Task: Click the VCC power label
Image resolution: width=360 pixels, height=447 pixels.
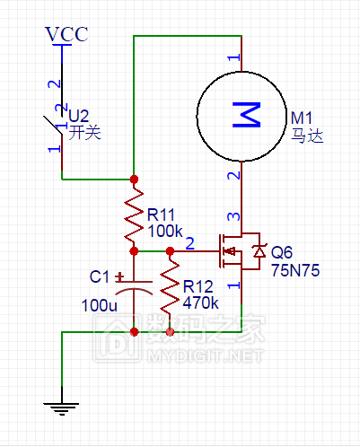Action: click(x=66, y=34)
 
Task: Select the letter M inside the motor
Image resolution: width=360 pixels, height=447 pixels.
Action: click(x=247, y=115)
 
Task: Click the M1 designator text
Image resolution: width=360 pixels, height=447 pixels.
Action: click(x=302, y=118)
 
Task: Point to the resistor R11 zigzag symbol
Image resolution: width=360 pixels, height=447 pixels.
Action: click(x=134, y=215)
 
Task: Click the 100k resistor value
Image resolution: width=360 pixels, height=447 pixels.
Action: click(x=165, y=231)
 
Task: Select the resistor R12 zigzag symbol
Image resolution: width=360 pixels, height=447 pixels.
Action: click(x=170, y=286)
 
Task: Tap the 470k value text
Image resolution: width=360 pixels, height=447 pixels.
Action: click(x=201, y=303)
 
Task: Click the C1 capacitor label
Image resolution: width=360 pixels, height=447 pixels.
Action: click(x=100, y=276)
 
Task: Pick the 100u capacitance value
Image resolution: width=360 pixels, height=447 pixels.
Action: click(x=100, y=305)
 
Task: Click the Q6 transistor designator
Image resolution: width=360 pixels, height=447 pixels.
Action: click(x=282, y=252)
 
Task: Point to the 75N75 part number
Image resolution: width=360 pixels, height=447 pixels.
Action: click(x=295, y=270)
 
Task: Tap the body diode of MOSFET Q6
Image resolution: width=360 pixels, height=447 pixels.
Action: click(x=259, y=251)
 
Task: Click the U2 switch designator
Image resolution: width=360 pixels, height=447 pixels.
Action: click(x=79, y=116)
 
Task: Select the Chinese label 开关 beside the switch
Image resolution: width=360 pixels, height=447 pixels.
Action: click(x=84, y=133)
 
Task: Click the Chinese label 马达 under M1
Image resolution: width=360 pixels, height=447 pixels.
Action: click(x=307, y=136)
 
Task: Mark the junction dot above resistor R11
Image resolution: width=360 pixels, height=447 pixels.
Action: click(x=134, y=180)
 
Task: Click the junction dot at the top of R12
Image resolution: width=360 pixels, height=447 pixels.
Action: click(x=170, y=250)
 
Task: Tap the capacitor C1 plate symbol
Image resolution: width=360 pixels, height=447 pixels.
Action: click(x=134, y=286)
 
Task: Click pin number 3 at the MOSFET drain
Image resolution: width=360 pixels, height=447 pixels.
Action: click(x=233, y=216)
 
